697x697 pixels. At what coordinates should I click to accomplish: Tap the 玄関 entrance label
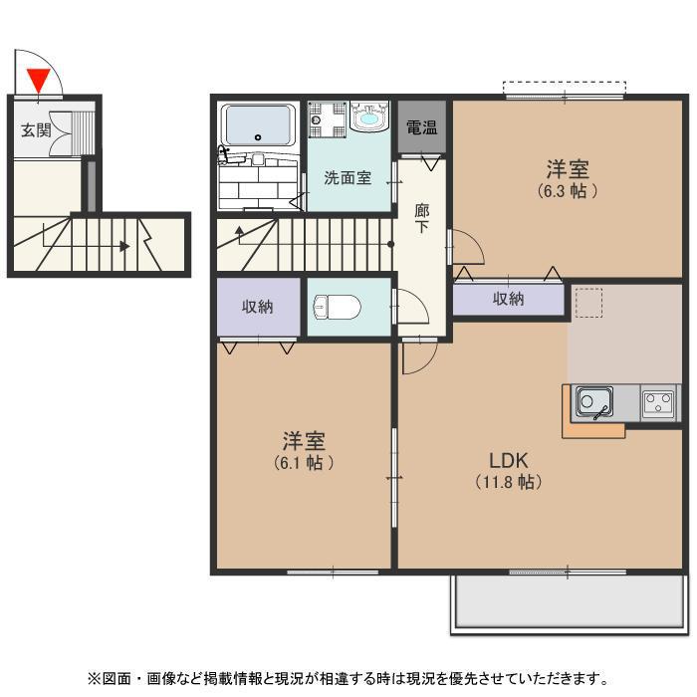[x=37, y=130]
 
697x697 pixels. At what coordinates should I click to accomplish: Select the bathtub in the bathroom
[x=258, y=124]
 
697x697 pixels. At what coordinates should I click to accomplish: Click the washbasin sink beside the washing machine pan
[x=369, y=116]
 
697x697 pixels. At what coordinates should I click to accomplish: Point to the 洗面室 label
[x=348, y=178]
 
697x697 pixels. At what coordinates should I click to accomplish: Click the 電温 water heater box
[x=422, y=127]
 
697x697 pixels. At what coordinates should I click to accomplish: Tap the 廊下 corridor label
[x=421, y=218]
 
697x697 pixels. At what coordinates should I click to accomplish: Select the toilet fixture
[x=337, y=307]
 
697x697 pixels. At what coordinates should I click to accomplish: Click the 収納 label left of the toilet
[x=257, y=307]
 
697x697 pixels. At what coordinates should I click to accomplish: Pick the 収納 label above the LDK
[x=508, y=299]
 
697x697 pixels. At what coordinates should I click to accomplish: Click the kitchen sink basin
[x=593, y=402]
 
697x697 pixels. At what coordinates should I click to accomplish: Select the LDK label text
[x=509, y=460]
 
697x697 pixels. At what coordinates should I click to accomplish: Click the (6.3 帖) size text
[x=568, y=191]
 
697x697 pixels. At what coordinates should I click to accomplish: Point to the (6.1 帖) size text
[x=304, y=463]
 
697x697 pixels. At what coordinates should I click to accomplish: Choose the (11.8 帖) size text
[x=509, y=482]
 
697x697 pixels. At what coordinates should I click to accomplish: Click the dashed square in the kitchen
[x=588, y=303]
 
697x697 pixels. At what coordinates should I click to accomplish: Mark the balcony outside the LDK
[x=569, y=602]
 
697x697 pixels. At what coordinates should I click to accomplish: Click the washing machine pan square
[x=328, y=119]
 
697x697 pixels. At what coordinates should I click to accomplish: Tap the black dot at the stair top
[x=390, y=244]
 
